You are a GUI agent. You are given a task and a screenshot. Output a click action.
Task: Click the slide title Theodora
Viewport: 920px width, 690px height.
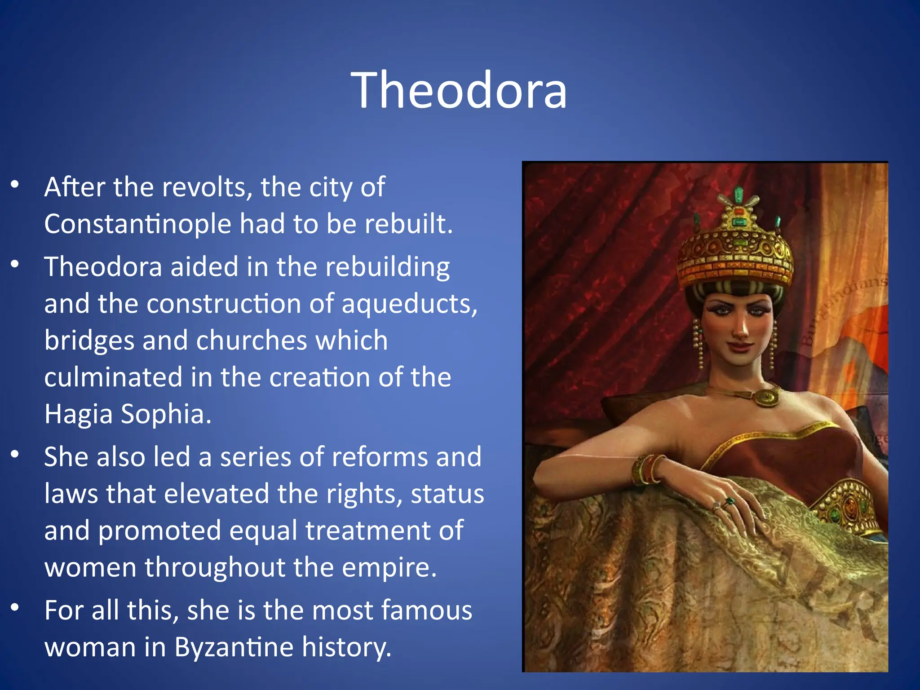point(459,90)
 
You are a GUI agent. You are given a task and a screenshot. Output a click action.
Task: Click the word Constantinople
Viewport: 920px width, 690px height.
point(137,224)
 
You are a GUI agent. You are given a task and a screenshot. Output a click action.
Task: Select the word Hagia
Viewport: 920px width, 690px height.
point(78,414)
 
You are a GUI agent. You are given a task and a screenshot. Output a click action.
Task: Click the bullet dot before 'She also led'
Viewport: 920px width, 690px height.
point(15,454)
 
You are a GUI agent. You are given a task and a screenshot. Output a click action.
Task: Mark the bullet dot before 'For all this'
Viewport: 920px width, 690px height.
point(15,607)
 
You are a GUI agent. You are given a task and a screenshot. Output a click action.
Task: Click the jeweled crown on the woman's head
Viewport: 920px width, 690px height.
point(735,256)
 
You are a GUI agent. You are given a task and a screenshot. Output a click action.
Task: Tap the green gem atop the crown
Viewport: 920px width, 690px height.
point(739,195)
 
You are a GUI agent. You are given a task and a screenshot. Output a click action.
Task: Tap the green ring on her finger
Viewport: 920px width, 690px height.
point(730,501)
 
